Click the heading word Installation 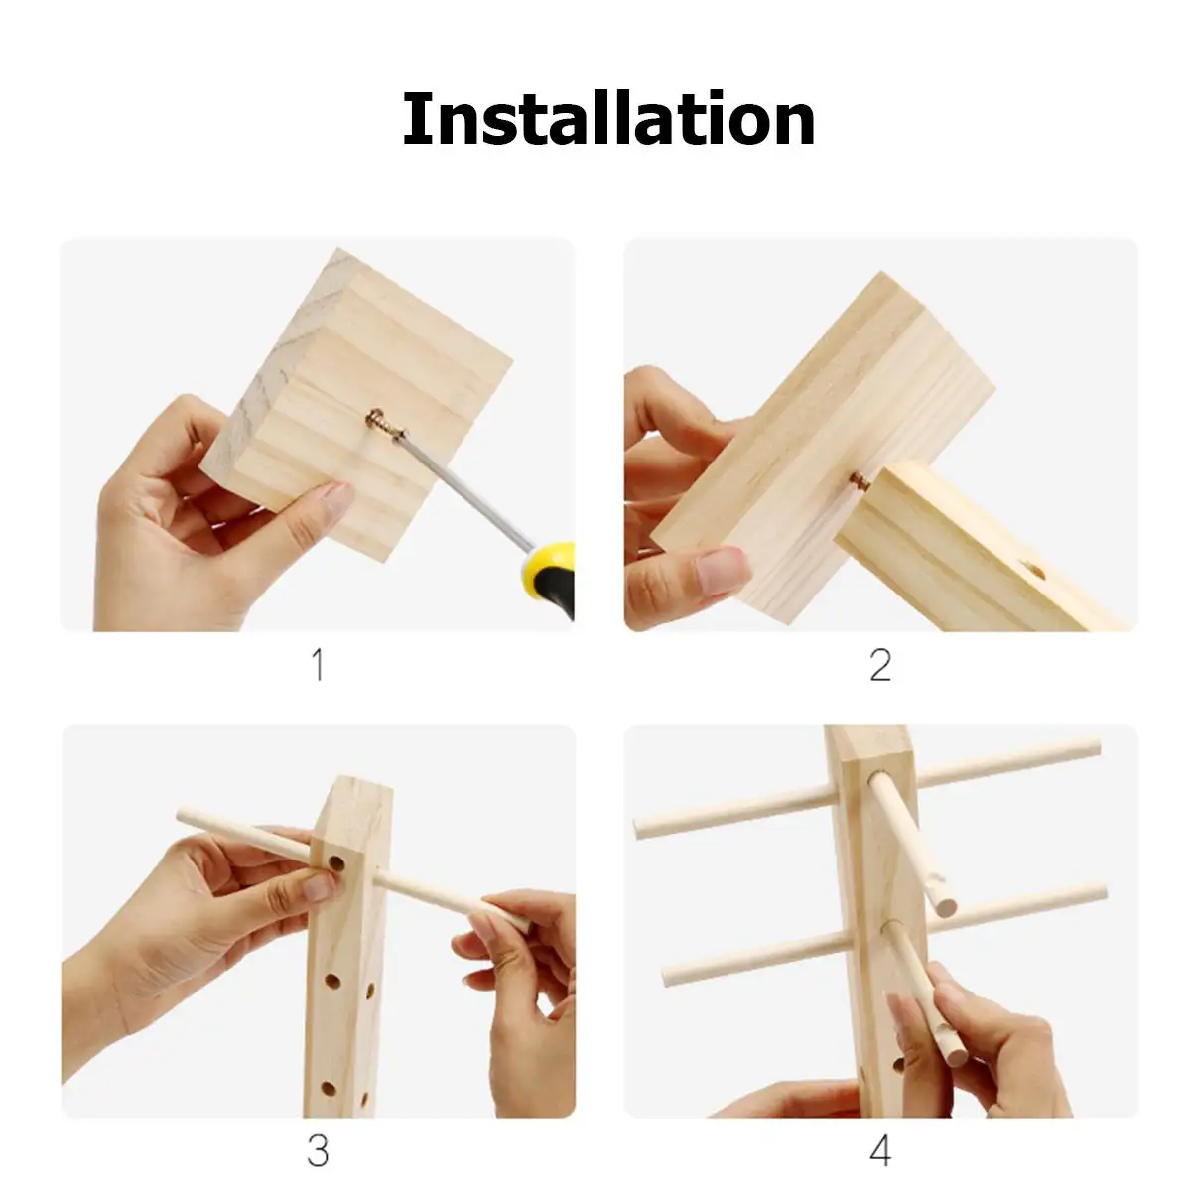[x=608, y=118]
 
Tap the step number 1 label [x=319, y=664]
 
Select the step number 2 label [x=880, y=664]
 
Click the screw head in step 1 [x=376, y=415]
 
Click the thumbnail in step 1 [x=334, y=499]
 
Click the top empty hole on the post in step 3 [x=334, y=862]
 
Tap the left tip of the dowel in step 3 [x=180, y=814]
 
